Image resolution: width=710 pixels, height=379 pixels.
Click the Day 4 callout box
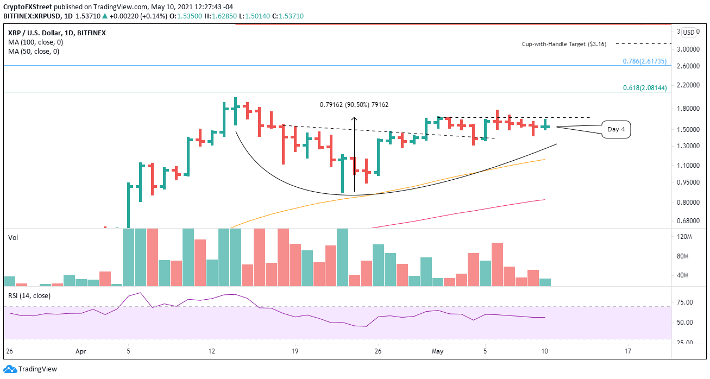[615, 129]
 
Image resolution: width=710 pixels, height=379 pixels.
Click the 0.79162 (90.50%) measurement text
[354, 105]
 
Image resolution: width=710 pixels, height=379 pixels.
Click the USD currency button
[689, 32]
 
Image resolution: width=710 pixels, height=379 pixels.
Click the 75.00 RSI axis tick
[685, 302]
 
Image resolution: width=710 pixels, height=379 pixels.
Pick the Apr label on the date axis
[80, 351]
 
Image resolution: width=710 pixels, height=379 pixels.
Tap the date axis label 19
[294, 351]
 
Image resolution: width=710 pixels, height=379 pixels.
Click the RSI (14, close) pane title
[28, 295]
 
